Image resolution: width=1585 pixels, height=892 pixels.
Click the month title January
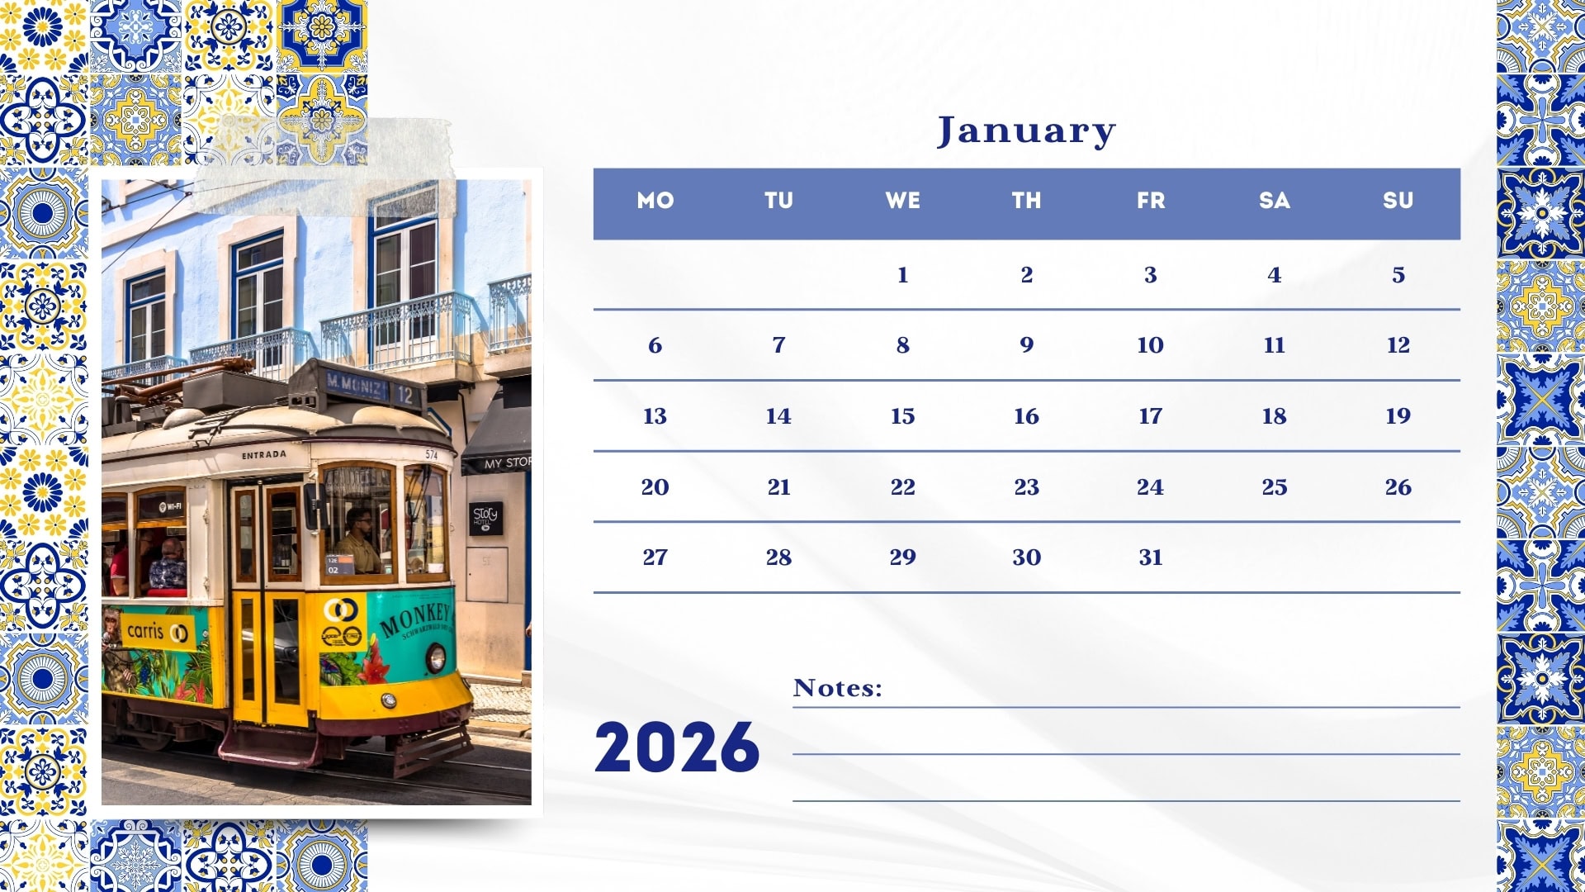1026,131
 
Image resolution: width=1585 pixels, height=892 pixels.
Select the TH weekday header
1026,201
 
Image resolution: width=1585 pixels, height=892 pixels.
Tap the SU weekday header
1398,201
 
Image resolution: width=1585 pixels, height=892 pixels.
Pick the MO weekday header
655,201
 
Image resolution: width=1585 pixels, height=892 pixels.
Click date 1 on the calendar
902,275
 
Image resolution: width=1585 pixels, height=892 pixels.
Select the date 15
902,416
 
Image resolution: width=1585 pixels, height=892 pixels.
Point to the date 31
1150,557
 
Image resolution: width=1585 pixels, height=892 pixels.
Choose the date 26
1398,487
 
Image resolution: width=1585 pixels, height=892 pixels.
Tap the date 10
1150,345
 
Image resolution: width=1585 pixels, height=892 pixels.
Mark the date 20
655,487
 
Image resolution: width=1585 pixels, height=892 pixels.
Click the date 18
1274,416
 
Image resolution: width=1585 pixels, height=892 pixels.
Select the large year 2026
677,747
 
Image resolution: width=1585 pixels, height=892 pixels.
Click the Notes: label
838,688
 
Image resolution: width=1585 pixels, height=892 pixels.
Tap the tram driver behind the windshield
361,541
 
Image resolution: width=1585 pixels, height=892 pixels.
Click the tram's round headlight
436,658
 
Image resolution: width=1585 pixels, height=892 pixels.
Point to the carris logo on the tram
156,632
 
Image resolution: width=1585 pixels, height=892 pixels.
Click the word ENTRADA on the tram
264,455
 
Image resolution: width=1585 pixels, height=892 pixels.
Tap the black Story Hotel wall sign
485,518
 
